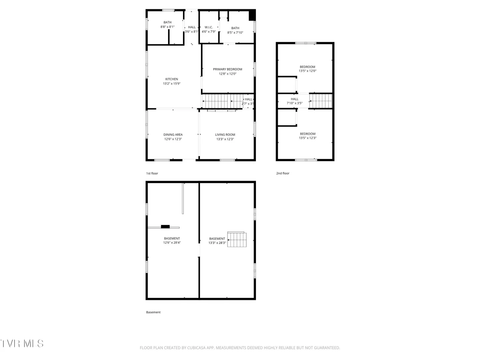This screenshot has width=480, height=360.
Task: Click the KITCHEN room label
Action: [171, 79]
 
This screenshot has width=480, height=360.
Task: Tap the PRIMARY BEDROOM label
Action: [227, 69]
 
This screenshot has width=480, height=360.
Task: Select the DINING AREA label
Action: [173, 135]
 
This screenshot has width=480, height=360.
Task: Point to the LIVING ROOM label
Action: [225, 135]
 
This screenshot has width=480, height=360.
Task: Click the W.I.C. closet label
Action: [208, 27]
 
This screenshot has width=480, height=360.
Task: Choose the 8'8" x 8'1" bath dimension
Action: [167, 27]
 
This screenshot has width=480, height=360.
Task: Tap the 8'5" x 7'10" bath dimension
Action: [235, 33]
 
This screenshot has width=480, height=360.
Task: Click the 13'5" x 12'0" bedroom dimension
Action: [307, 71]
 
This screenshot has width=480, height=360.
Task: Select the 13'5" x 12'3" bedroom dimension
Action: [307, 138]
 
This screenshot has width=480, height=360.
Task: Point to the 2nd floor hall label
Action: [294, 99]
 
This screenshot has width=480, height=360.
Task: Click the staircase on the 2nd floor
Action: [321, 101]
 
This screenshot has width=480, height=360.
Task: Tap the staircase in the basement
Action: [237, 239]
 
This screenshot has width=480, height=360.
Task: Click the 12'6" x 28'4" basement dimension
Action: [172, 243]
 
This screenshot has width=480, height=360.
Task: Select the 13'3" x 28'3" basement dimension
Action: [217, 243]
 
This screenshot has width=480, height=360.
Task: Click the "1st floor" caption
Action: [152, 173]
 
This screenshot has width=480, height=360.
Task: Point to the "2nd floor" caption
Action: [283, 173]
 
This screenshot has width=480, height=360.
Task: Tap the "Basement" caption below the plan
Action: [153, 312]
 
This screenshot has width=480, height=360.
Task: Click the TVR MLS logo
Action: [22, 344]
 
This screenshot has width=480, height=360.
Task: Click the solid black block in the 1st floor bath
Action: [252, 15]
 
